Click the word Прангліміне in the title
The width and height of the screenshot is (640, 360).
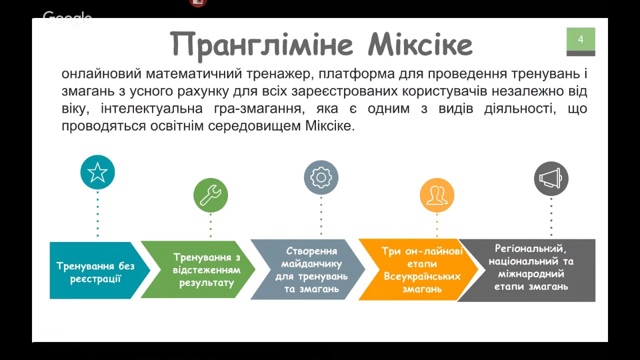click(261, 45)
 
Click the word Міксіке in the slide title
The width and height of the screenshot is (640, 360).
click(420, 44)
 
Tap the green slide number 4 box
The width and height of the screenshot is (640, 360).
click(581, 41)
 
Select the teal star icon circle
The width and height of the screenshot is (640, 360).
click(97, 172)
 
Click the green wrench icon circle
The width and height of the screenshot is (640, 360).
click(210, 195)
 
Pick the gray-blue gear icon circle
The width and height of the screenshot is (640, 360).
click(321, 177)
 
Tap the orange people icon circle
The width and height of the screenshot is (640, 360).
click(437, 195)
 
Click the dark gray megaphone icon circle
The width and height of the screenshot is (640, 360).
click(551, 178)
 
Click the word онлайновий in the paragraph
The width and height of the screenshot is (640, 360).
click(101, 74)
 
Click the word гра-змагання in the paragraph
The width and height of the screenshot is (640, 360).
click(259, 109)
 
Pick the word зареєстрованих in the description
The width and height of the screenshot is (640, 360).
click(344, 92)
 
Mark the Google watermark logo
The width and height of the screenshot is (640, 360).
click(67, 18)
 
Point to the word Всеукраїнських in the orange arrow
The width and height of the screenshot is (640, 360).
click(422, 276)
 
